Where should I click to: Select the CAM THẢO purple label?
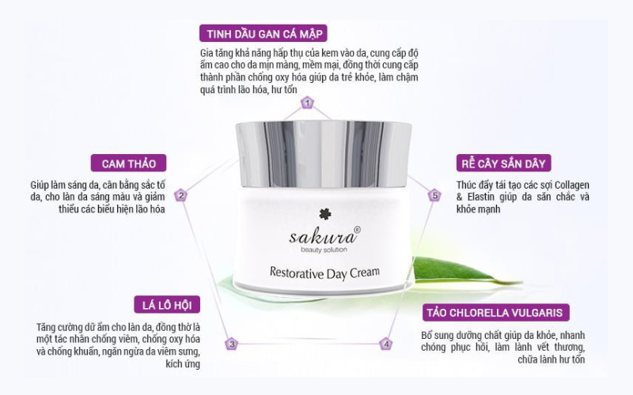tap(128, 164)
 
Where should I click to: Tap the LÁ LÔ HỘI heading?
tap(167, 305)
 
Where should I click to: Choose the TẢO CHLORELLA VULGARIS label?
tap(496, 313)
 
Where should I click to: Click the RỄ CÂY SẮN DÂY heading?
tap(503, 164)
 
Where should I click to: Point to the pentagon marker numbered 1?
tap(307, 103)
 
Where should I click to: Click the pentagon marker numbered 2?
tap(181, 195)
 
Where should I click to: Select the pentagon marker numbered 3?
tap(232, 344)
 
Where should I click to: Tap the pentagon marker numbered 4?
tap(386, 344)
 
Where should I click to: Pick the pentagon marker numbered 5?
tap(434, 195)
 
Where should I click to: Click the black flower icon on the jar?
tap(324, 214)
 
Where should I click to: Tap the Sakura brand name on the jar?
tap(323, 236)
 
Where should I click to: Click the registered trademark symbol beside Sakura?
tap(357, 229)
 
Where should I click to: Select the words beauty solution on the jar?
tap(324, 250)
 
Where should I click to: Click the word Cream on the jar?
tap(365, 273)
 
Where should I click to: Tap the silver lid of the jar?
tap(324, 154)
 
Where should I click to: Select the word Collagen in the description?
tap(571, 186)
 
